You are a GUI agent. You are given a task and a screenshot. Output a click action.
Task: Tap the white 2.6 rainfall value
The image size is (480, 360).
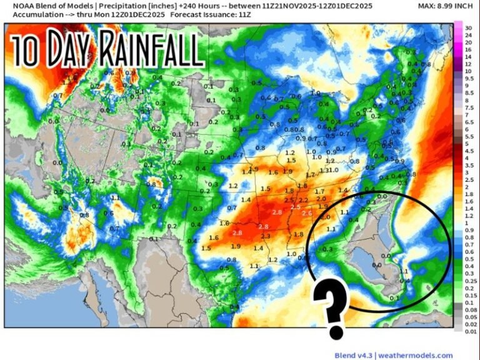click(307, 213)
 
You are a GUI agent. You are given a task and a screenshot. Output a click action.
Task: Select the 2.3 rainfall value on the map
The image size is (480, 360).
click(266, 236)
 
